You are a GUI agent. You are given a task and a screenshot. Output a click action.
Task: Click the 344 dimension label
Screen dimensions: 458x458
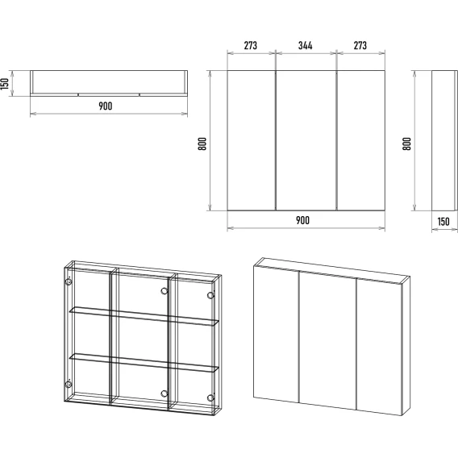pyautogui.click(x=306, y=46)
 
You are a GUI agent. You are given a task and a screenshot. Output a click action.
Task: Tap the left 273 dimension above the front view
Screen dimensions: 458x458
pyautogui.click(x=251, y=46)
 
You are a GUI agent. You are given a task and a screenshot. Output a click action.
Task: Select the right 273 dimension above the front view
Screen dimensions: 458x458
pyautogui.click(x=360, y=46)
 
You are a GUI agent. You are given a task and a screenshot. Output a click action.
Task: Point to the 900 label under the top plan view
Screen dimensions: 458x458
pyautogui.click(x=105, y=106)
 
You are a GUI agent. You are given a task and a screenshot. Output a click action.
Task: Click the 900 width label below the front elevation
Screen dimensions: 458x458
pyautogui.click(x=302, y=220)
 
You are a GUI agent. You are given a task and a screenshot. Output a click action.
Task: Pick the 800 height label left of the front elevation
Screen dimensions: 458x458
pyautogui.click(x=202, y=144)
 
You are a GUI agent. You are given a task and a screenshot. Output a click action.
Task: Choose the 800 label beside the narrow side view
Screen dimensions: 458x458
pyautogui.click(x=407, y=144)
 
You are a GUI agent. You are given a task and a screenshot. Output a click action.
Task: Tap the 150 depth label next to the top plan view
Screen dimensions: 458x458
pyautogui.click(x=5, y=84)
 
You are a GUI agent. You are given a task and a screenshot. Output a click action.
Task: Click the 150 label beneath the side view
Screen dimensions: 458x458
pyautogui.click(x=443, y=222)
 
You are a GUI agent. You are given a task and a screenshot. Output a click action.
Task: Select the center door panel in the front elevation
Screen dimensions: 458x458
pyautogui.click(x=306, y=140)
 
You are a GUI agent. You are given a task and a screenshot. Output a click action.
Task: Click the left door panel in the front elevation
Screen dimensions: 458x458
pyautogui.click(x=252, y=140)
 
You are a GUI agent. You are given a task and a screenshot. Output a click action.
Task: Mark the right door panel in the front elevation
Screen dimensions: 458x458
pyautogui.click(x=360, y=140)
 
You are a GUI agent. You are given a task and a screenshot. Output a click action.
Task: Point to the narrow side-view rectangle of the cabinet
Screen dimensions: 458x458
pyautogui.click(x=444, y=140)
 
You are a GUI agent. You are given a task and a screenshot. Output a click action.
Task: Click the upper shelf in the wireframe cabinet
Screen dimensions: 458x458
pyautogui.click(x=144, y=316)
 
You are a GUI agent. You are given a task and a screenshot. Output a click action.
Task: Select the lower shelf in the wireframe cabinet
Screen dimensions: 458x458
pyautogui.click(x=144, y=363)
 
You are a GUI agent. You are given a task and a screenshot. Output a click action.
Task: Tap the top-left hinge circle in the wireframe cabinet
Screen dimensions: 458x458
pyautogui.click(x=69, y=282)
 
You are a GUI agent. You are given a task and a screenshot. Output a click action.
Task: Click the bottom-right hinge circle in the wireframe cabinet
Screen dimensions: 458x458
pyautogui.click(x=210, y=398)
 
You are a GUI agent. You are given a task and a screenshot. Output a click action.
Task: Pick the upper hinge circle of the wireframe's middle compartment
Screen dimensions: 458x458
pyautogui.click(x=164, y=291)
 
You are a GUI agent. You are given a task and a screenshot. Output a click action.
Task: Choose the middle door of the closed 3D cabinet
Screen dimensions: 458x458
pyautogui.click(x=327, y=340)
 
